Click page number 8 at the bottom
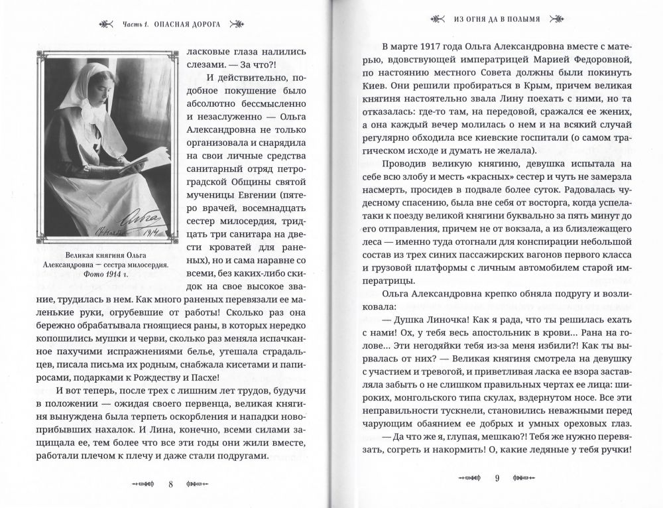pyautogui.click(x=170, y=483)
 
